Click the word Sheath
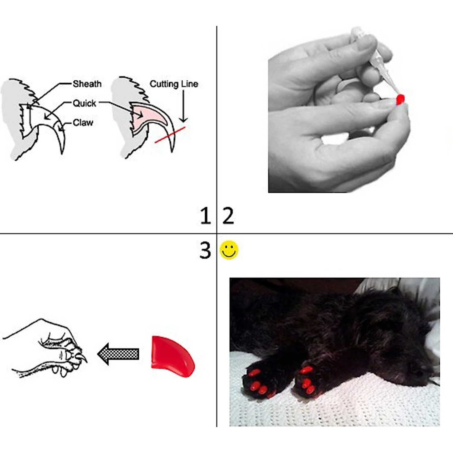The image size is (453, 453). tap(87, 84)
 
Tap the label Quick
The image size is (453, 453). tap(84, 103)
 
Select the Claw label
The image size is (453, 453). tap(83, 123)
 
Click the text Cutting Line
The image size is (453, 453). tap(174, 84)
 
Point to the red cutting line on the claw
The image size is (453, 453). tap(170, 135)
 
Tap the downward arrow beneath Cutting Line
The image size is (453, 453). tap(183, 106)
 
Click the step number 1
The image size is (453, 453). tap(206, 216)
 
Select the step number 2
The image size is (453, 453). tap(228, 216)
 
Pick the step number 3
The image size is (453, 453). tap(205, 250)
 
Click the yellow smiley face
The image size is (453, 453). tap(229, 250)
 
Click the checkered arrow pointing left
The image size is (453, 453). tap(118, 354)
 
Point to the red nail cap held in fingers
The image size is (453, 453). tap(400, 100)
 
